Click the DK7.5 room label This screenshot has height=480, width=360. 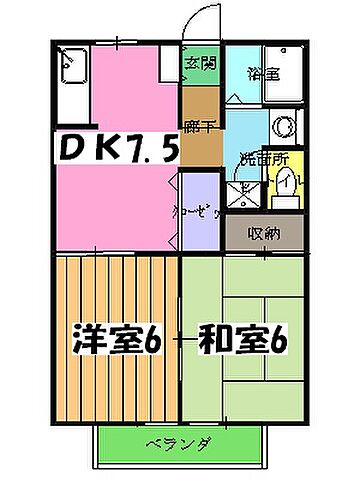pos(113,150)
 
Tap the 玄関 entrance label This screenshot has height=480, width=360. pos(200,65)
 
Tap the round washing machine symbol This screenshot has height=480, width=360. pos(283,128)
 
